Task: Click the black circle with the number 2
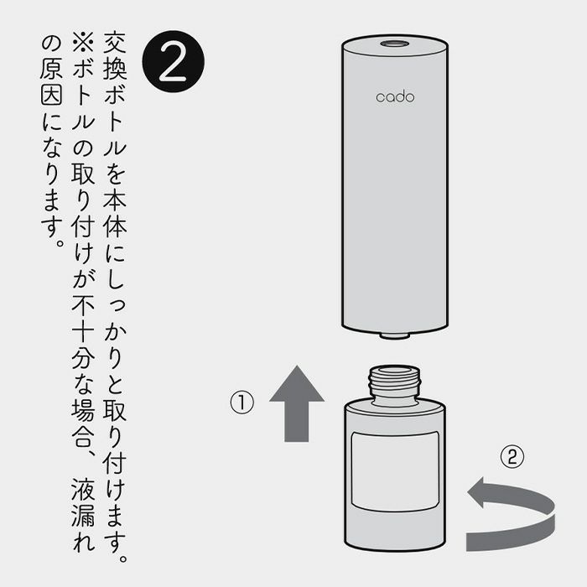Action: click(x=174, y=61)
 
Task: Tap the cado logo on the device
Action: click(x=395, y=97)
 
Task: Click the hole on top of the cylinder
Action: click(x=395, y=44)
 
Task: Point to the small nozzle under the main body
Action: click(x=395, y=335)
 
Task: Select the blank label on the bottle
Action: click(x=395, y=471)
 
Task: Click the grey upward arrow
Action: click(x=297, y=403)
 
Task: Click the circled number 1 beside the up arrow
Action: click(x=242, y=403)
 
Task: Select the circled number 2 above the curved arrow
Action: click(x=512, y=456)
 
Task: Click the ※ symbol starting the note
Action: click(x=83, y=42)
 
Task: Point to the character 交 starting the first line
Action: click(x=115, y=42)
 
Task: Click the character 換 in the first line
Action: click(x=115, y=68)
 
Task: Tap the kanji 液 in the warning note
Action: click(x=83, y=489)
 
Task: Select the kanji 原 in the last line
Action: click(x=51, y=68)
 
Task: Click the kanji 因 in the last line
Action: click(x=51, y=94)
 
